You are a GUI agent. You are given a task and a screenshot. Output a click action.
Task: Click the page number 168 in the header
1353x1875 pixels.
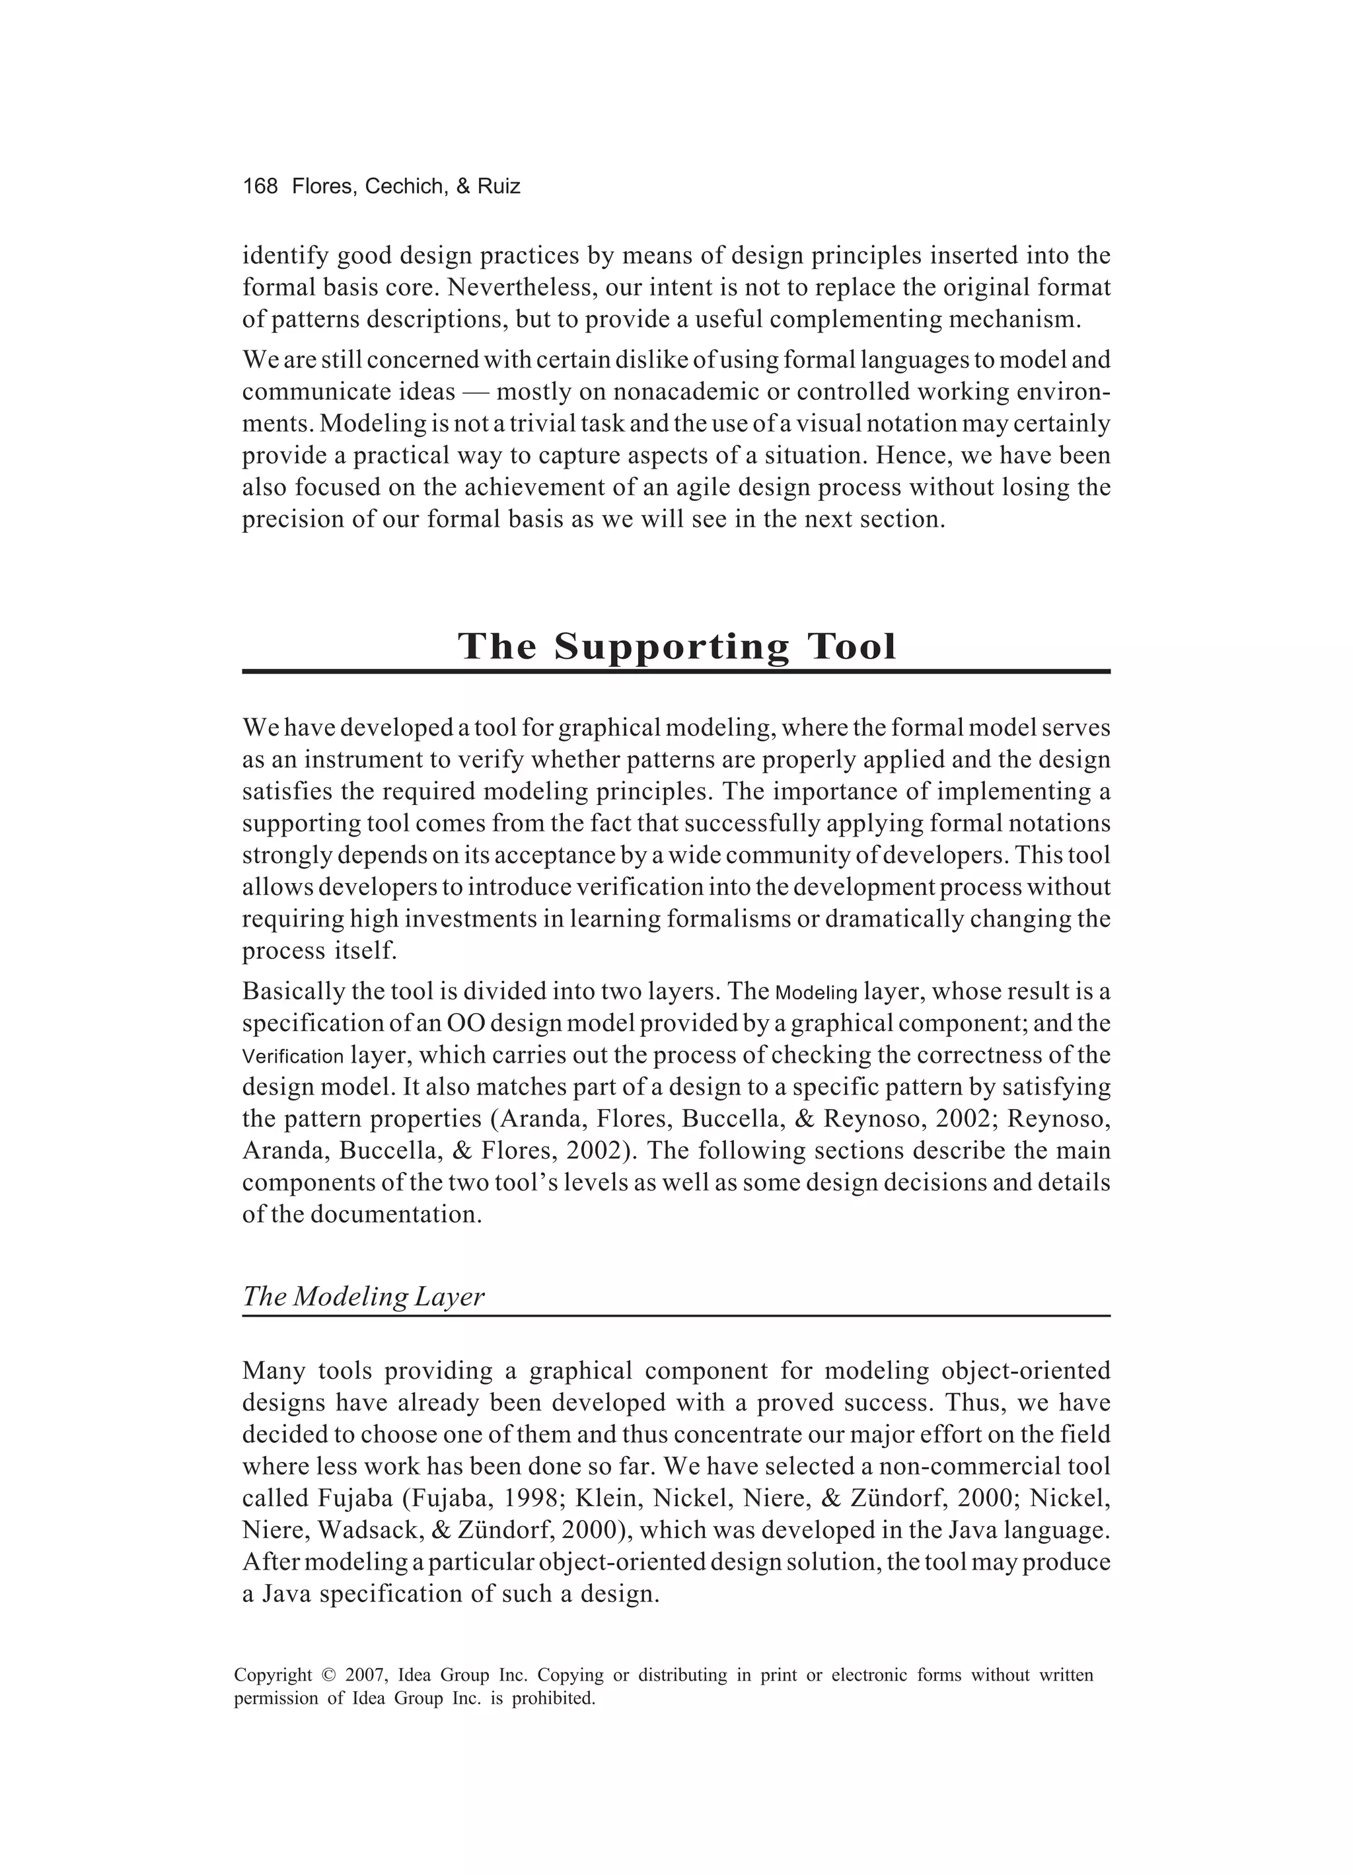[260, 187]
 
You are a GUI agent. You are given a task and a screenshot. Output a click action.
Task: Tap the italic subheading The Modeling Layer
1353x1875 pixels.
[363, 1296]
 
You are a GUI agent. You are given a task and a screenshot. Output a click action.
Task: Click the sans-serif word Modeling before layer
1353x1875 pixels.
[817, 992]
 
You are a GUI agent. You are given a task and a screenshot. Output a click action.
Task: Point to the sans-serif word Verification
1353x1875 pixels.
[293, 1057]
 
